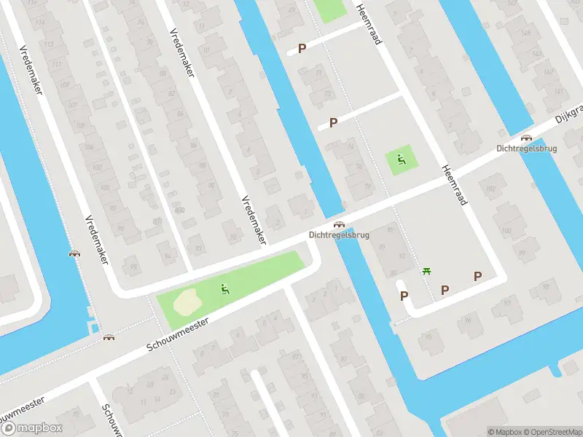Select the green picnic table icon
coord(427,272)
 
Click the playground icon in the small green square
coord(399,160)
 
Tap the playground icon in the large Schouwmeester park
coord(224,290)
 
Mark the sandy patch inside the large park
coord(186,299)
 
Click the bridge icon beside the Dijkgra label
coord(526,137)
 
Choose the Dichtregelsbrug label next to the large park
coord(339,235)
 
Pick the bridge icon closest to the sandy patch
coord(109,337)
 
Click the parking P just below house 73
coord(333,122)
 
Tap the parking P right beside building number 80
coord(402,296)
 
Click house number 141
coord(558,90)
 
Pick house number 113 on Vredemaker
coord(49,44)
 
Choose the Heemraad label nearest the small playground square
coord(453,184)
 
